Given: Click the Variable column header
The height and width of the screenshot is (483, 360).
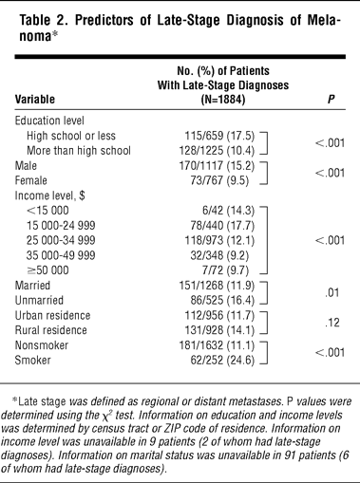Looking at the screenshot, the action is pyautogui.click(x=35, y=100).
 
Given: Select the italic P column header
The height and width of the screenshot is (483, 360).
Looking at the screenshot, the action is pyautogui.click(x=331, y=100).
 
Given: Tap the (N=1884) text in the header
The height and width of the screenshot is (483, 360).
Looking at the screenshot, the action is pyautogui.click(x=223, y=100).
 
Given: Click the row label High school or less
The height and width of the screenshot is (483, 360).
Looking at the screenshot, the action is pyautogui.click(x=71, y=136).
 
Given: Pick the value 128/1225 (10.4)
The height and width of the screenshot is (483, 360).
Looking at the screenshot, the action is pyautogui.click(x=217, y=151).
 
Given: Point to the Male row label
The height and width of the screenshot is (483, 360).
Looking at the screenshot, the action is pyautogui.click(x=26, y=165).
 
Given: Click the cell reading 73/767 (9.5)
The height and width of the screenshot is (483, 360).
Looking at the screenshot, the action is pyautogui.click(x=219, y=180).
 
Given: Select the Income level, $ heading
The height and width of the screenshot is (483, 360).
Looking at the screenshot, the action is pyautogui.click(x=49, y=195).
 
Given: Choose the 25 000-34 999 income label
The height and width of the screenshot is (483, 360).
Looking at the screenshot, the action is pyautogui.click(x=61, y=240).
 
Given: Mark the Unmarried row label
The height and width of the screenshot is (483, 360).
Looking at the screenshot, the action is pyautogui.click(x=39, y=300).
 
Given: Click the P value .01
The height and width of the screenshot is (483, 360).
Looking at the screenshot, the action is pyautogui.click(x=332, y=293).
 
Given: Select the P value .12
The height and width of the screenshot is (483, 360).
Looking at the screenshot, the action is pyautogui.click(x=332, y=323).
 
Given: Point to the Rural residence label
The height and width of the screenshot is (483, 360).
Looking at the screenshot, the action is pyautogui.click(x=50, y=330).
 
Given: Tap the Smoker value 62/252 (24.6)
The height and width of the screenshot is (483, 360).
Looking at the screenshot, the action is pyautogui.click(x=222, y=361).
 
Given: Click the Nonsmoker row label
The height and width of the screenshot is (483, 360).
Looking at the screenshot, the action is pyautogui.click(x=42, y=345).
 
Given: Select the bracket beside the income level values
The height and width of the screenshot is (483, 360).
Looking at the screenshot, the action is pyautogui.click(x=267, y=240).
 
